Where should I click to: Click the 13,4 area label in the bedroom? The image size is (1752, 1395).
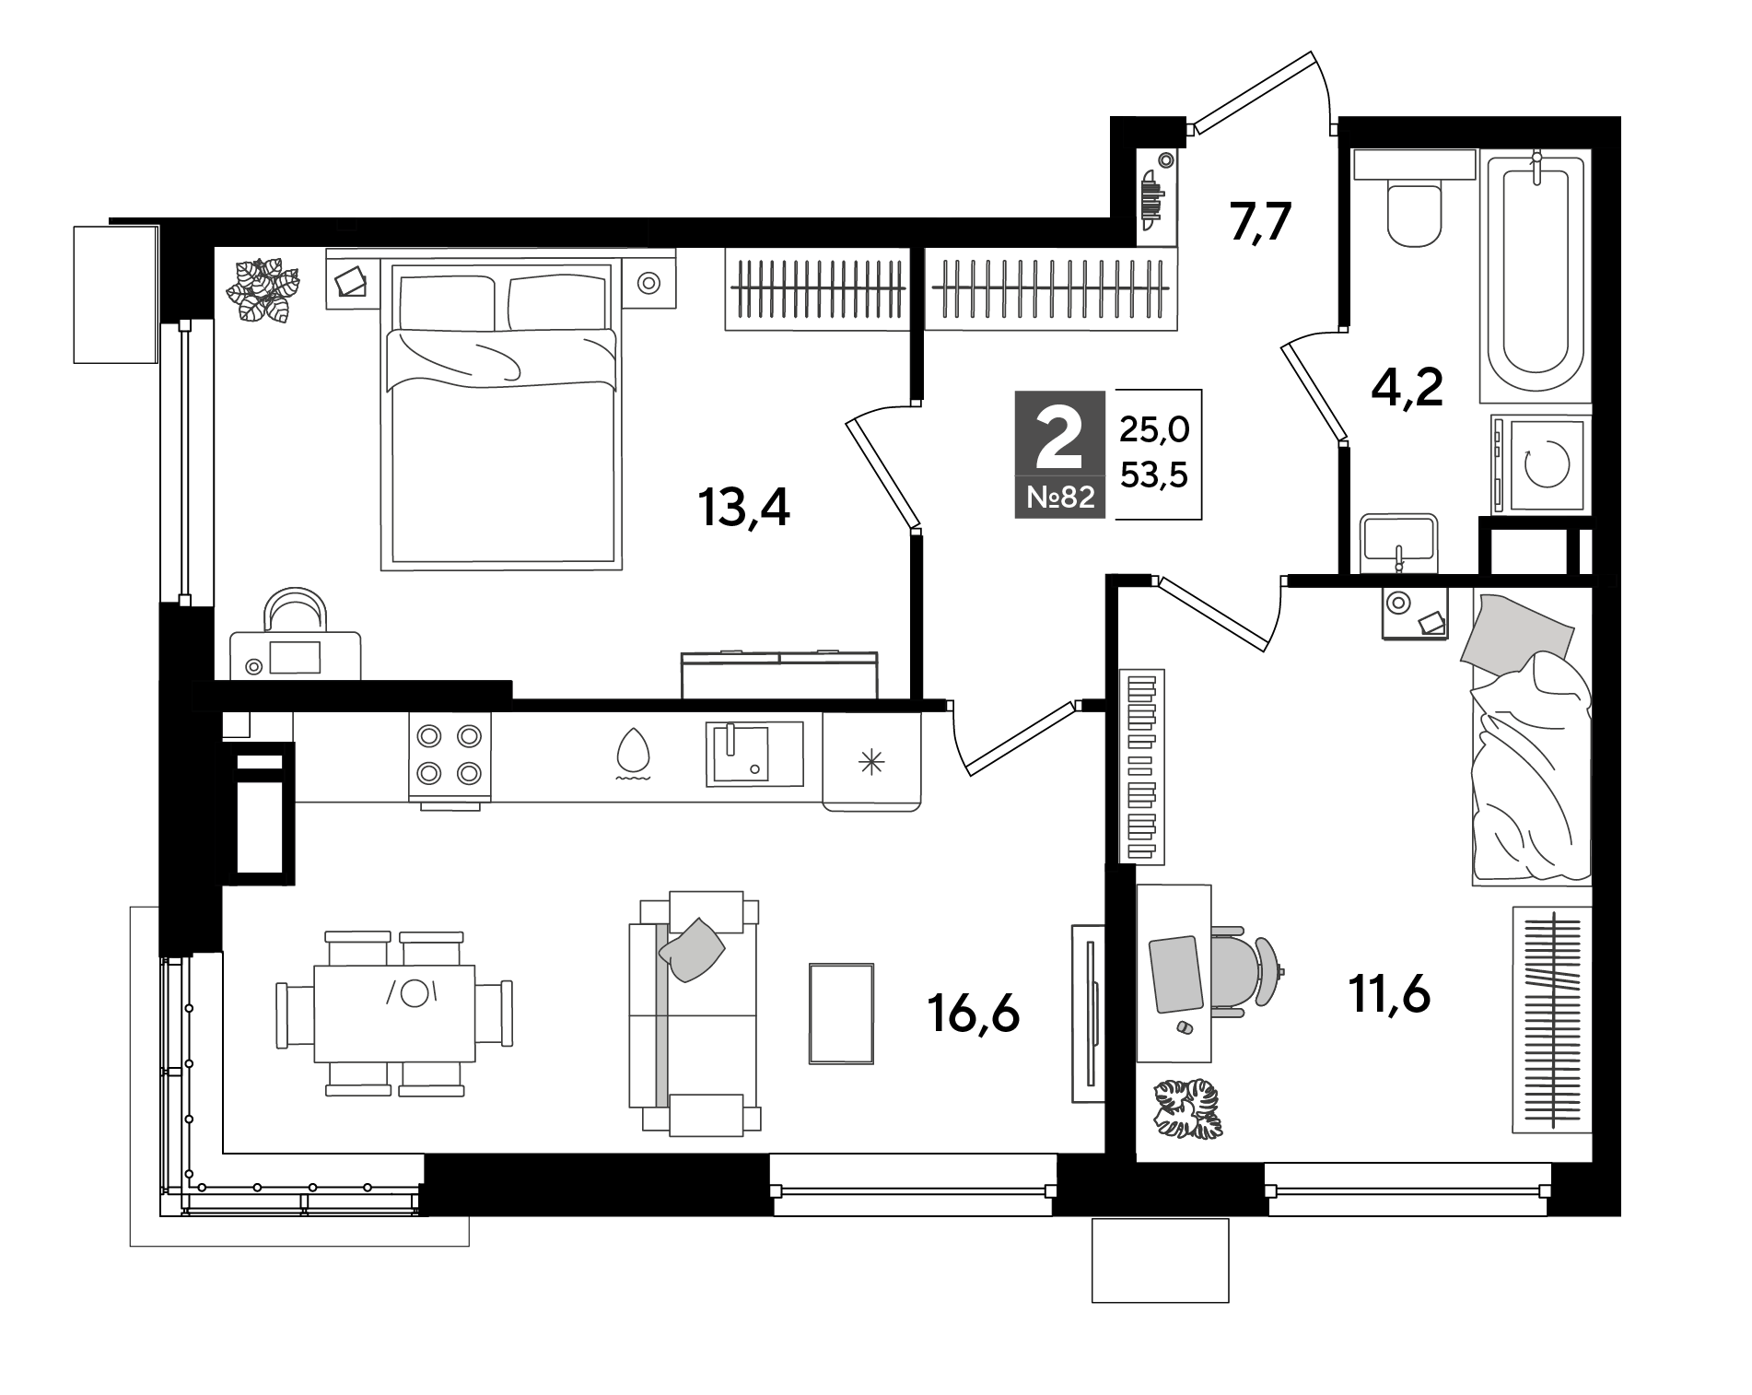(x=744, y=508)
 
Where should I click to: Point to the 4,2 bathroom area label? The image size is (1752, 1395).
(x=1407, y=388)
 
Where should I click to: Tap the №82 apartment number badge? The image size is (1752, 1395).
(x=1060, y=498)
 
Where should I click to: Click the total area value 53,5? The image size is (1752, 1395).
(x=1154, y=475)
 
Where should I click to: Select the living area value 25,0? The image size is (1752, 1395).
(x=1154, y=428)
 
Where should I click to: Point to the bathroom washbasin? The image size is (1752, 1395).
(x=1397, y=544)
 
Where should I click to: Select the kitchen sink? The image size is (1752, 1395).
(x=754, y=754)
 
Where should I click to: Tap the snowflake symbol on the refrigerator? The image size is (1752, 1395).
(x=870, y=761)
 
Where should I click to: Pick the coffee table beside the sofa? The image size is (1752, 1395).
(x=841, y=1014)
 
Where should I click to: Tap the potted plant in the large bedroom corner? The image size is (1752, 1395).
(x=264, y=290)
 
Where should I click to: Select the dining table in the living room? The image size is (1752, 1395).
(x=394, y=1014)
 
